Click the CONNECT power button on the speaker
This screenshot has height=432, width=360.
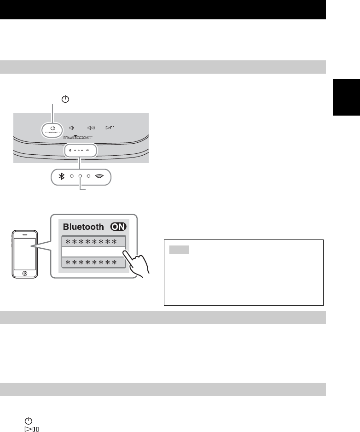53,130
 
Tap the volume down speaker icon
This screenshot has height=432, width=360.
71,128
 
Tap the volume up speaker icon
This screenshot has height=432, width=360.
91,128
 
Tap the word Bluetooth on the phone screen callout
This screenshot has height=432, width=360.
83,227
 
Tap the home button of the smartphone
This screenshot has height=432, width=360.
24,273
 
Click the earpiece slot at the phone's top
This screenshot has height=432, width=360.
24,234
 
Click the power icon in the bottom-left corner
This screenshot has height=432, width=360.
29,420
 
